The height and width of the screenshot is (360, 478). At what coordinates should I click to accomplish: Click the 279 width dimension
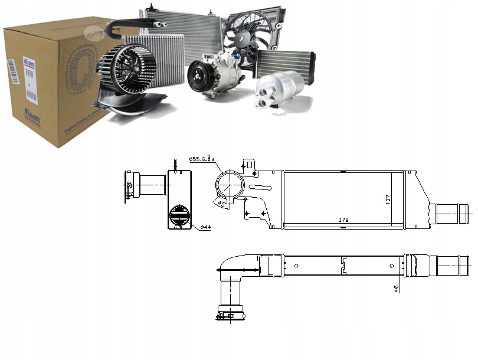pyautogui.click(x=343, y=220)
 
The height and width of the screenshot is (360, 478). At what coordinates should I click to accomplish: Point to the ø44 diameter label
pyautogui.click(x=205, y=227)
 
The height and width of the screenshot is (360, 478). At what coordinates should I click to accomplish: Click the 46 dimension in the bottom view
pyautogui.click(x=396, y=289)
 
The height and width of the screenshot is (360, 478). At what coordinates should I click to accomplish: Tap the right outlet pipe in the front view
pyautogui.click(x=451, y=211)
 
